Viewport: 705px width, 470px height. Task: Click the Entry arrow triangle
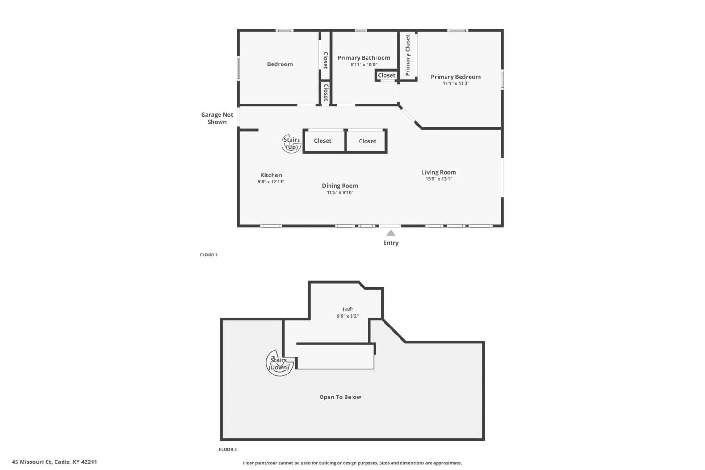coord(391,233)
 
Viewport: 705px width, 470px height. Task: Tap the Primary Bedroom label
coord(456,77)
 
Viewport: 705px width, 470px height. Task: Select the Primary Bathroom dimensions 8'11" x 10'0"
coord(364,64)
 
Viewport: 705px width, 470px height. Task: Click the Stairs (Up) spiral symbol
coord(291,143)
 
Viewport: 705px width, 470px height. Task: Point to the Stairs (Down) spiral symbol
coord(279,363)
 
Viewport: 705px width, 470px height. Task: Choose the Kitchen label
coord(271,175)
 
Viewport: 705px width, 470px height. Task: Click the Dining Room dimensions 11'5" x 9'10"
coord(340,192)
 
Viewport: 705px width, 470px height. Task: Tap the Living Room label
coord(439,172)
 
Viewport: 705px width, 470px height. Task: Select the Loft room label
coord(348,310)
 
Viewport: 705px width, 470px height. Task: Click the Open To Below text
coord(340,397)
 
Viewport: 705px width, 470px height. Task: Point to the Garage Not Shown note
coord(217,118)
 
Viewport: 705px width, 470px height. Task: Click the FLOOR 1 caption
coord(209,255)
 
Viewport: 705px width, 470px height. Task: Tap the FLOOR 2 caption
coord(228,449)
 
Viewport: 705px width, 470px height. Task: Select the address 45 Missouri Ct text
coord(32,462)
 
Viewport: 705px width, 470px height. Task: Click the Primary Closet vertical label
coord(408,55)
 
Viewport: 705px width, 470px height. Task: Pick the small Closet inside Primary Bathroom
coord(386,75)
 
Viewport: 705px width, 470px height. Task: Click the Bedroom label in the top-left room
coord(280,64)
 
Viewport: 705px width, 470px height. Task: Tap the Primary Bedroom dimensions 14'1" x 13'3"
coord(456,83)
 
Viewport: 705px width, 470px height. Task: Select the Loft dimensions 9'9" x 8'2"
coord(348,316)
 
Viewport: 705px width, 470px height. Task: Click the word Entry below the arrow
coord(391,243)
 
